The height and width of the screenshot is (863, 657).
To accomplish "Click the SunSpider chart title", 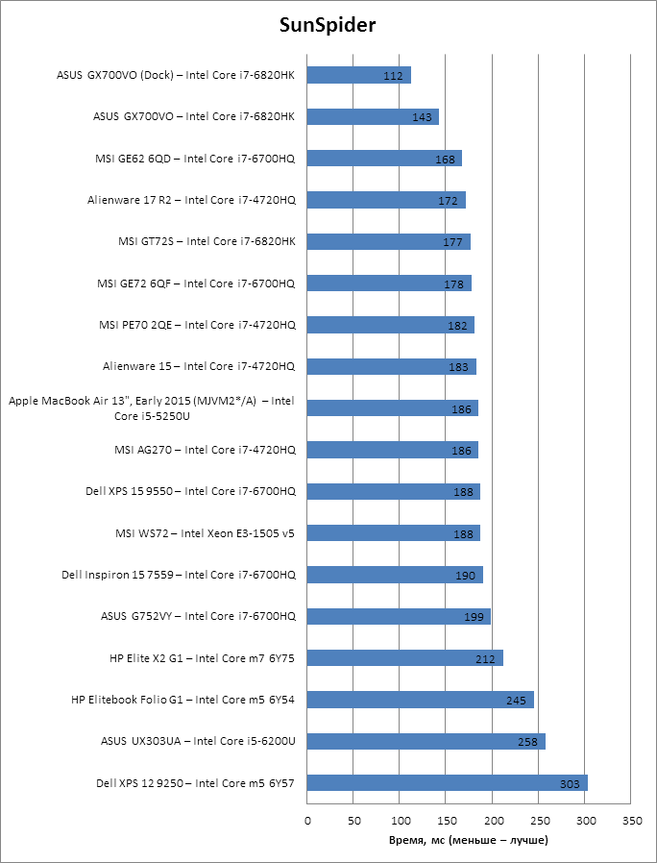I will pyautogui.click(x=328, y=25).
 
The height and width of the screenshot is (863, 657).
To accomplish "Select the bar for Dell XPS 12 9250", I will pyautogui.click(x=447, y=783).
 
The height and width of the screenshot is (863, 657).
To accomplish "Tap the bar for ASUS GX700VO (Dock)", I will pyautogui.click(x=358, y=75).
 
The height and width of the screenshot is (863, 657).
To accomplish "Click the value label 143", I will pyautogui.click(x=421, y=117).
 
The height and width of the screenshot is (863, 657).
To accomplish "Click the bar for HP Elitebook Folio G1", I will pyautogui.click(x=420, y=700).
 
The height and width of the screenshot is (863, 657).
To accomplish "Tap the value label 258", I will pyautogui.click(x=528, y=742).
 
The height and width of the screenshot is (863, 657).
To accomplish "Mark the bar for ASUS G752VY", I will pyautogui.click(x=399, y=616).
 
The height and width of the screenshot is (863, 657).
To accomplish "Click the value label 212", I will pyautogui.click(x=485, y=658).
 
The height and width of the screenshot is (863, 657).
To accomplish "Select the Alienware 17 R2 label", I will pyautogui.click(x=191, y=200).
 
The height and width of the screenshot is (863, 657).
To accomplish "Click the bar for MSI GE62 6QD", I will pyautogui.click(x=384, y=159).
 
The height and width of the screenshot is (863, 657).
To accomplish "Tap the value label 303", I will pyautogui.click(x=570, y=784).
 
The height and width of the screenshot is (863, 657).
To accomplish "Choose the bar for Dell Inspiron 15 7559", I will pyautogui.click(x=395, y=575).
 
